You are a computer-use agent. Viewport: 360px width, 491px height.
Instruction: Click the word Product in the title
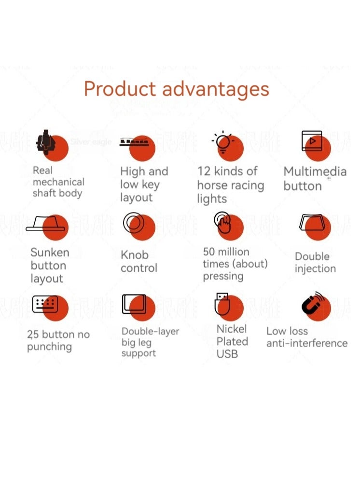[x=120, y=90]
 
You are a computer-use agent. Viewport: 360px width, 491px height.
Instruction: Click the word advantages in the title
[x=215, y=90]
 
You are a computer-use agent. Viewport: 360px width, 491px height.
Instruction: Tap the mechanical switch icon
[x=45, y=141]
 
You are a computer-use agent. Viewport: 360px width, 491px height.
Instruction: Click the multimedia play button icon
[x=312, y=140]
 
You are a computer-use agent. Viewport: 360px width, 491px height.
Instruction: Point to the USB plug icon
[x=222, y=304]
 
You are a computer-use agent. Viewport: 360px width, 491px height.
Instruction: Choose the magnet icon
[x=313, y=304]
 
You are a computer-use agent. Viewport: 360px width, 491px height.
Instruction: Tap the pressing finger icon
[x=222, y=223]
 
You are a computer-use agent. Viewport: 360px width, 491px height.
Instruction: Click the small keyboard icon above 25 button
[x=45, y=304]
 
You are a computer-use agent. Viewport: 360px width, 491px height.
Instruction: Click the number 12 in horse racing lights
[x=204, y=171]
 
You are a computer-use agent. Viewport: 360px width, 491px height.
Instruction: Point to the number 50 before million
[x=209, y=252]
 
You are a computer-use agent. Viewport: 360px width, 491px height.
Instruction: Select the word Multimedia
[x=315, y=172]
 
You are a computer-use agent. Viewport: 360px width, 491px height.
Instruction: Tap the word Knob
[x=134, y=254]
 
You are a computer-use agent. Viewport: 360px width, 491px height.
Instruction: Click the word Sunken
[x=50, y=253]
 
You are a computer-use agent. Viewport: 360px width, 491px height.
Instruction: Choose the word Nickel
[x=232, y=329]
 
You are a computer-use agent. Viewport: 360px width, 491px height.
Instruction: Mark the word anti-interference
[x=307, y=343]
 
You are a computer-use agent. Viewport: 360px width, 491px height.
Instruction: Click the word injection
[x=315, y=269]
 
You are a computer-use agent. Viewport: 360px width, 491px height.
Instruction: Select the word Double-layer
[x=150, y=331]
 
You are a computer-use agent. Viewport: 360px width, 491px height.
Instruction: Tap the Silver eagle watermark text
[x=91, y=142]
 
